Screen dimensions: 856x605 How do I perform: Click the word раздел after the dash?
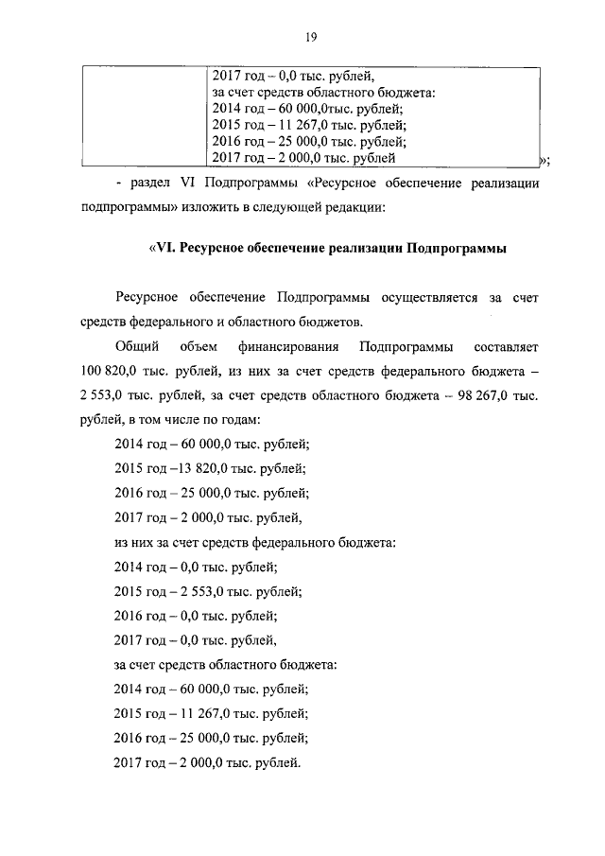coord(141,183)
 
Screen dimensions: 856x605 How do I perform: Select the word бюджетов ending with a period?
coord(335,321)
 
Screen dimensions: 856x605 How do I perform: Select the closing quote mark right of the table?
coord(543,158)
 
